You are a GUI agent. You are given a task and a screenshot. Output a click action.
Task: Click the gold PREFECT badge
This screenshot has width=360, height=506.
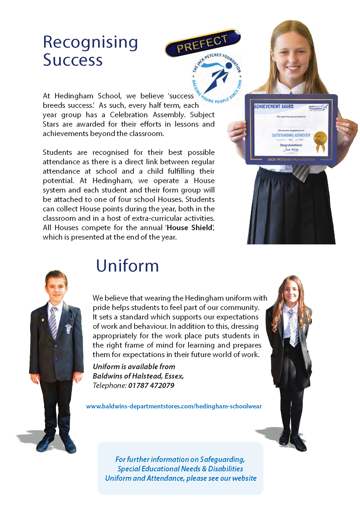point(202,43)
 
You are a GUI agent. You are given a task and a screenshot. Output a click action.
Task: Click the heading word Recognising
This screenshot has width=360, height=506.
point(90,42)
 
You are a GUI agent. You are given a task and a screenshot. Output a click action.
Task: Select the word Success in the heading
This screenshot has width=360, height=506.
point(73,60)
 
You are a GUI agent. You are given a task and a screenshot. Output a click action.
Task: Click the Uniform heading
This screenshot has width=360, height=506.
point(127,266)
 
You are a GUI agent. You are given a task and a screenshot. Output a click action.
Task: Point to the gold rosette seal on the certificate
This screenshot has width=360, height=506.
point(320,140)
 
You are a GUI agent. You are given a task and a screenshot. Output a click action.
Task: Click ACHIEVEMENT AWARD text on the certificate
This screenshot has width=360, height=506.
point(274,106)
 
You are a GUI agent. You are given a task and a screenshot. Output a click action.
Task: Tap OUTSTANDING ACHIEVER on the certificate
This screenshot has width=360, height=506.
point(291,135)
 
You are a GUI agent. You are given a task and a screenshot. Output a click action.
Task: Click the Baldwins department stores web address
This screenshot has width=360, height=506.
point(174,406)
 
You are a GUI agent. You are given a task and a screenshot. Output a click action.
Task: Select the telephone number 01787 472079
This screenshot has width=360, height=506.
point(151,386)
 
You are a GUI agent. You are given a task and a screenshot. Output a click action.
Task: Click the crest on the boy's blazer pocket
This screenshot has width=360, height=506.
point(69,329)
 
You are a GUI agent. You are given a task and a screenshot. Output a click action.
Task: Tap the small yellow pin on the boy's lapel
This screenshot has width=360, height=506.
point(42,320)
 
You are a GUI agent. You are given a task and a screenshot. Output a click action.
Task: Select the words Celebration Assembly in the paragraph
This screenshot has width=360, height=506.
point(147,115)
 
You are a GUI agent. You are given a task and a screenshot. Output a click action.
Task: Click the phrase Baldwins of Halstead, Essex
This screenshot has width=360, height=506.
point(138,376)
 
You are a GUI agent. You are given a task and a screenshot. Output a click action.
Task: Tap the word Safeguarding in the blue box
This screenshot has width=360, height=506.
point(222,459)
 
